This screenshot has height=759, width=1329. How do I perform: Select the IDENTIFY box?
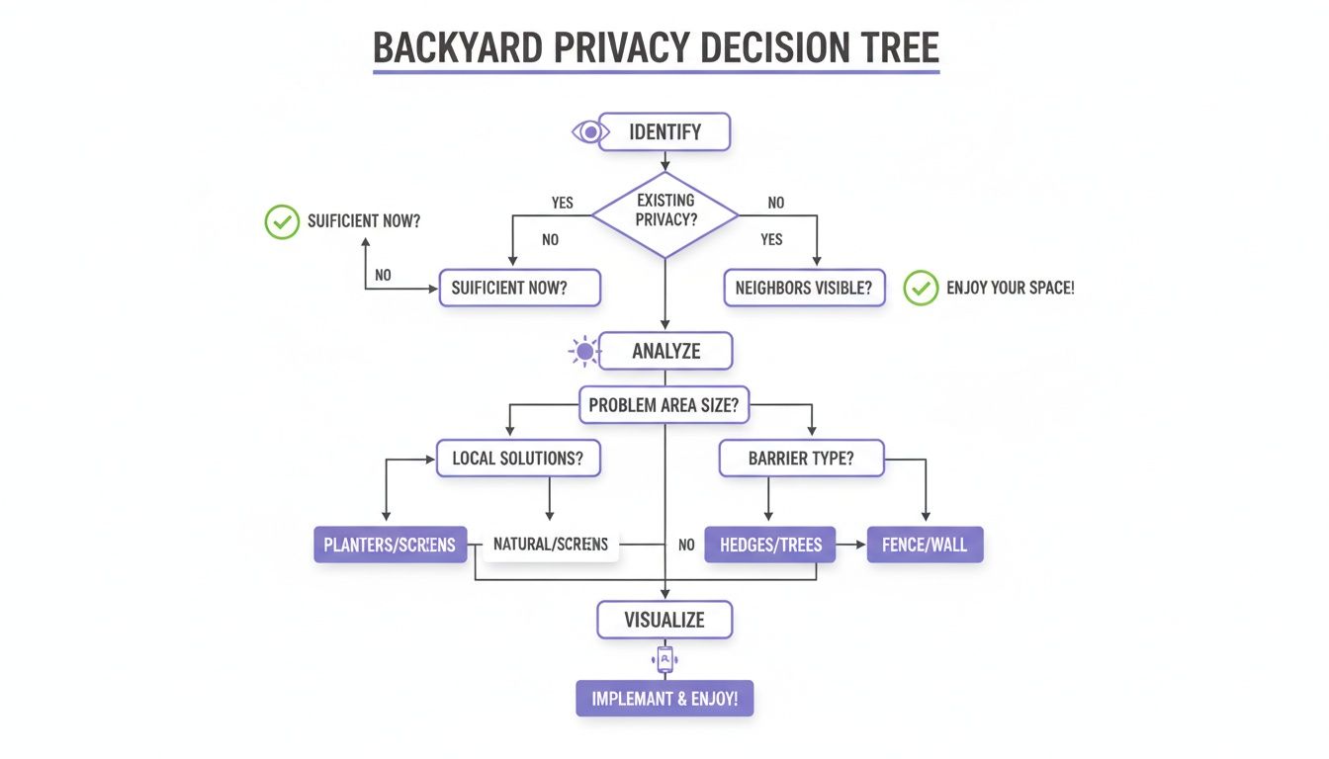tap(664, 131)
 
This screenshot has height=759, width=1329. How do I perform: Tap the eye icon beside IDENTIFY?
tap(587, 131)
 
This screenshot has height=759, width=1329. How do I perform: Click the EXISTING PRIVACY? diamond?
tap(664, 211)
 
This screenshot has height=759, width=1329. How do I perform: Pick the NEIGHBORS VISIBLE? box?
tap(804, 289)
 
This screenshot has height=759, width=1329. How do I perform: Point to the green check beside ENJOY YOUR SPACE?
tap(921, 289)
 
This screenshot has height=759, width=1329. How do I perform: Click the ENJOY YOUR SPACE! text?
tap(1010, 289)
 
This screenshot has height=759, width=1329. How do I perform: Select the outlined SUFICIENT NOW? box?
tap(519, 289)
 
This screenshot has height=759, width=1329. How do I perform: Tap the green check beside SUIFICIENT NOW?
tap(282, 221)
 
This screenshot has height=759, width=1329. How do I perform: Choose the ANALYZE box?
tap(665, 351)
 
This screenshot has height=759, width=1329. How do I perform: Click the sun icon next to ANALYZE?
tap(584, 351)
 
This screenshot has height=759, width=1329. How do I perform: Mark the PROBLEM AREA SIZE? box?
tap(664, 404)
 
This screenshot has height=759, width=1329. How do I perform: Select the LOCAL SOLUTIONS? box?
tap(518, 459)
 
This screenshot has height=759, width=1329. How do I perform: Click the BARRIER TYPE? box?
tap(801, 459)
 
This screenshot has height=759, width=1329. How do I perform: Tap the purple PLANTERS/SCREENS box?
tap(391, 545)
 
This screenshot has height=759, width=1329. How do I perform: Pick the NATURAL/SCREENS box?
tap(550, 545)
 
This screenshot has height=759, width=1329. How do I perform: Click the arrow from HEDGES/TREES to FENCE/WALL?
tap(850, 545)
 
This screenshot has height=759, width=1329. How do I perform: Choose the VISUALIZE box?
tap(664, 620)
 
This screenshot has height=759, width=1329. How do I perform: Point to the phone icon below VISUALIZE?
tap(664, 659)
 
